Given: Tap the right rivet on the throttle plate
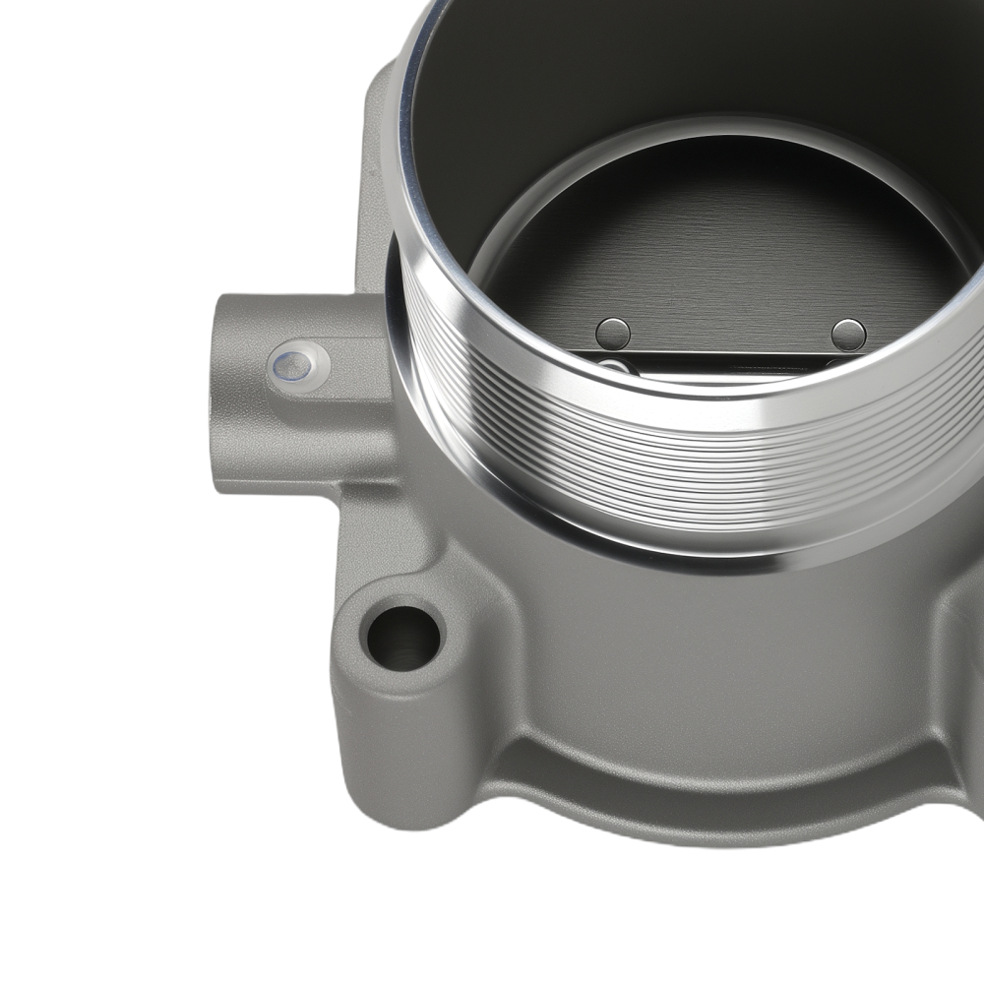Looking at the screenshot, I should (848, 335).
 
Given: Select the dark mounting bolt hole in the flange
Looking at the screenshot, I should (403, 638).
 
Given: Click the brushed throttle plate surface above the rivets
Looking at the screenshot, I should (728, 256).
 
